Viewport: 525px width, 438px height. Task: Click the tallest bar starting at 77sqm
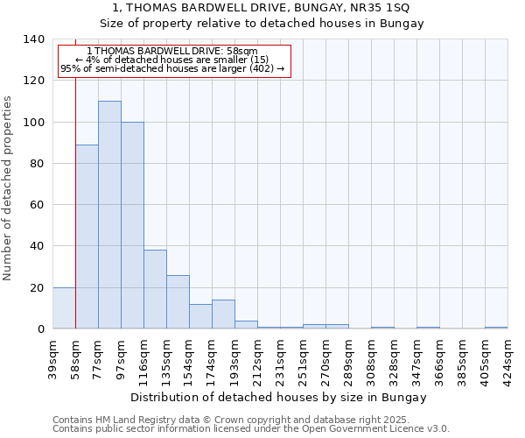[x=109, y=215]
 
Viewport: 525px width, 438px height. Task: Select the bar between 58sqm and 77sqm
[x=87, y=237]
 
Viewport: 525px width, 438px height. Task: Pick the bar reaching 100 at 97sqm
[x=132, y=225]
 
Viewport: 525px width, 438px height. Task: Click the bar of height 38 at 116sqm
[x=155, y=289]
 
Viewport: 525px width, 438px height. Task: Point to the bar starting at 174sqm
[x=223, y=314]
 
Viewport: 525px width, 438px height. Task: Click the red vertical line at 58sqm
[x=76, y=201]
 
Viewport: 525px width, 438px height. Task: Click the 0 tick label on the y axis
[x=40, y=329]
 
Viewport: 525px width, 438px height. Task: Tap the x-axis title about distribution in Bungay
[x=279, y=397]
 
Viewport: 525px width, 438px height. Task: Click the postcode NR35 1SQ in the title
[x=371, y=7]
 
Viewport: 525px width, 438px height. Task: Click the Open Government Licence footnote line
[x=251, y=429]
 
